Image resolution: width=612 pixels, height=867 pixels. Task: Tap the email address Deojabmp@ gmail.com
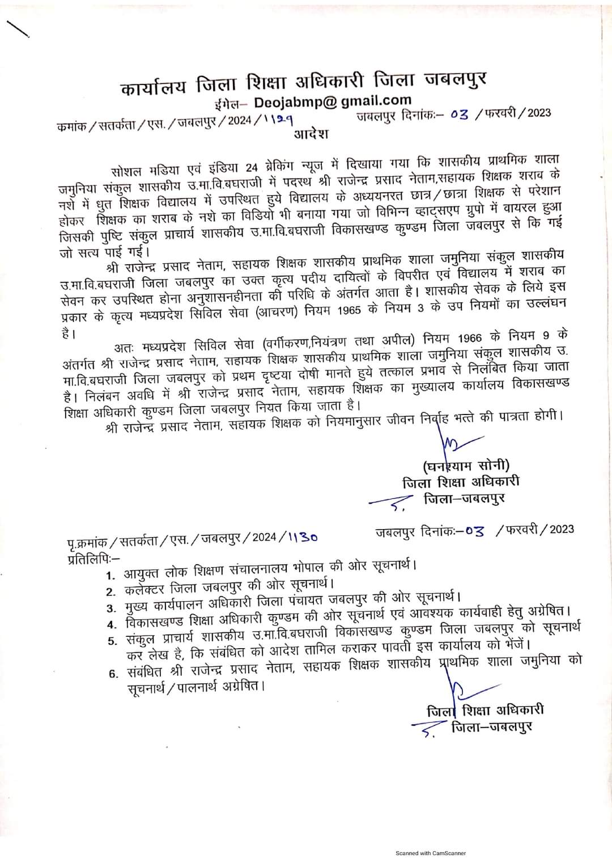(x=333, y=101)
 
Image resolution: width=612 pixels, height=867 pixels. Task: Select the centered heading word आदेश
(x=310, y=135)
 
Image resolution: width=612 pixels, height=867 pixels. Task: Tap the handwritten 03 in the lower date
(x=474, y=532)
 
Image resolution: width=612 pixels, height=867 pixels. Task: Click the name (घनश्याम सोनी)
(x=466, y=466)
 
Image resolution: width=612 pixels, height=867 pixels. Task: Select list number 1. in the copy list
(x=111, y=576)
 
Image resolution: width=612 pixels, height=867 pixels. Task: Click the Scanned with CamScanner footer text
(x=430, y=853)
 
